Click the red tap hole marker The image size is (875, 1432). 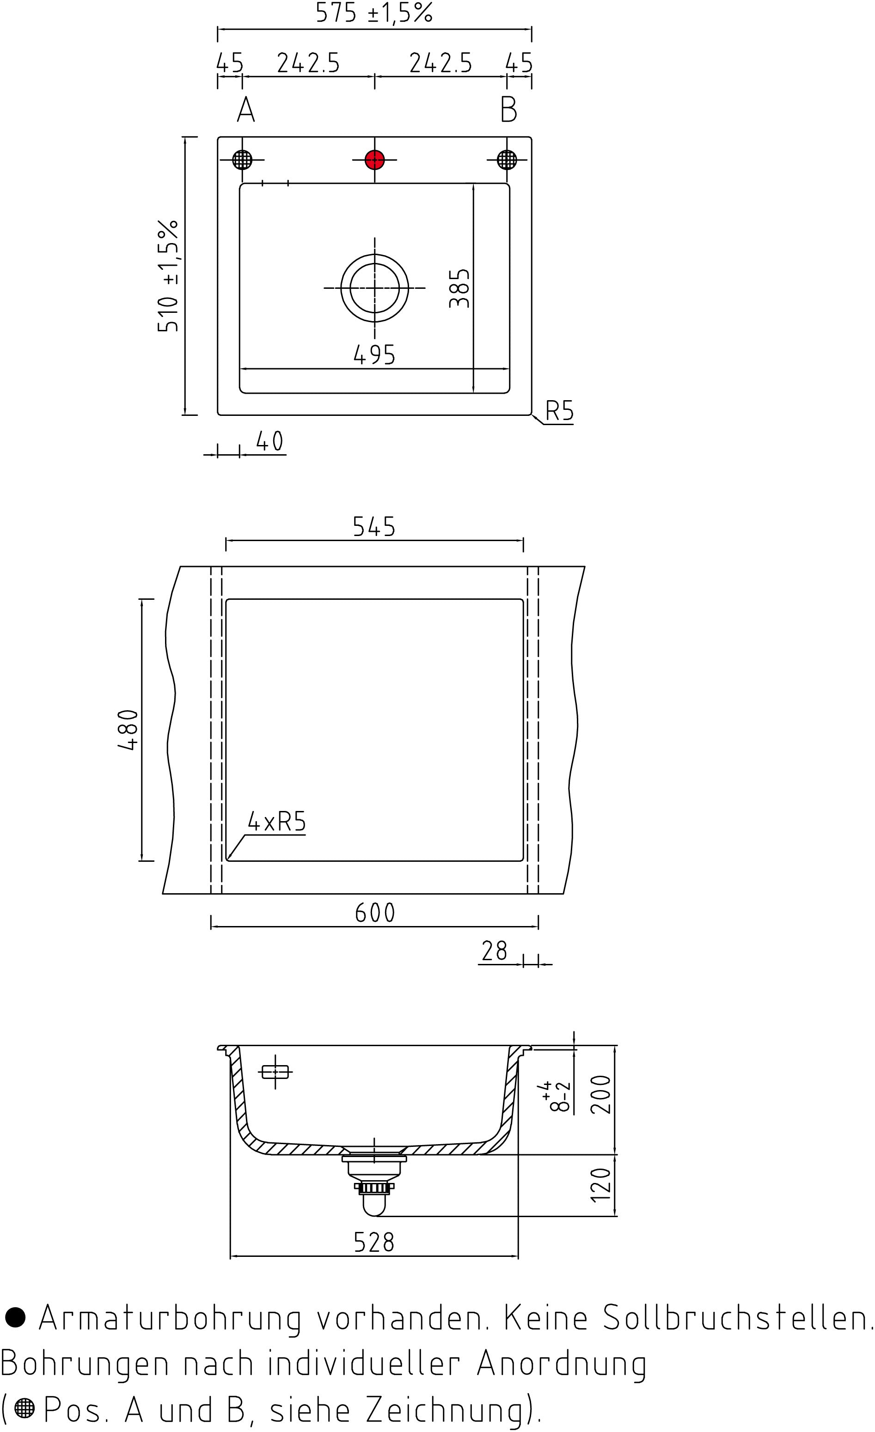(374, 159)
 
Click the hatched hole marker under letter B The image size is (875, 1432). (507, 159)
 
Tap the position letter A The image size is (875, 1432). (246, 109)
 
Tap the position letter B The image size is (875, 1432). (509, 109)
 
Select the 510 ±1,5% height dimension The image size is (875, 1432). (168, 275)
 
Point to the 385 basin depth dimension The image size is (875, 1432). (459, 288)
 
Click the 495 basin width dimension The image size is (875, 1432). (374, 354)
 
